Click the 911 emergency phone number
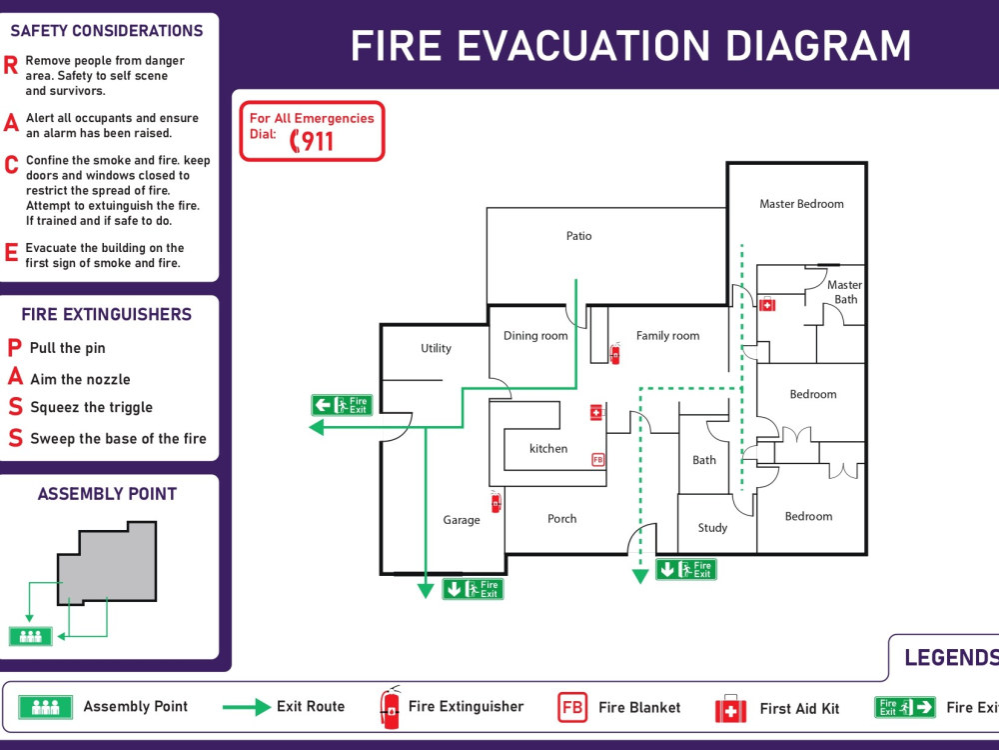point(312,141)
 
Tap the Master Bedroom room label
point(801,204)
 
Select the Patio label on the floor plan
point(578,236)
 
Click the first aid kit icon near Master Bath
point(767,305)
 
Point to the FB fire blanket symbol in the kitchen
point(598,459)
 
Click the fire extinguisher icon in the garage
point(496,502)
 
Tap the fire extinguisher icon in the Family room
point(614,353)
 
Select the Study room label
point(712,528)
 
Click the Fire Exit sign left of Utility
point(342,405)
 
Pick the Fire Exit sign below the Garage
point(473,589)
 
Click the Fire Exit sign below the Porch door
point(685,570)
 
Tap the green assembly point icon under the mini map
point(30,636)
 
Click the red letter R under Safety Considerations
point(11,65)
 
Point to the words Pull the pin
point(67,348)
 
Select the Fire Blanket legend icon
point(572,707)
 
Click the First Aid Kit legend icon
point(730,709)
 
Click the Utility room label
point(436,348)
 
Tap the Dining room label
point(535,336)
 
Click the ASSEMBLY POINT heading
point(107,494)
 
